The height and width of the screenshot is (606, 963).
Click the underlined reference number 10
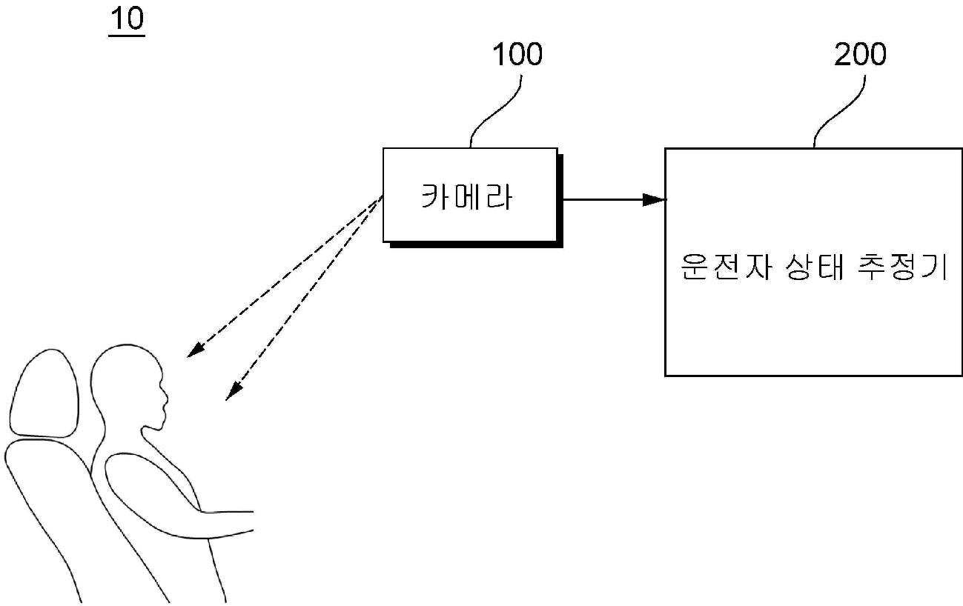(126, 21)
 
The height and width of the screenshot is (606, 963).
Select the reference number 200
(860, 54)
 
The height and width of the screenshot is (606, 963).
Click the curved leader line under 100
(495, 111)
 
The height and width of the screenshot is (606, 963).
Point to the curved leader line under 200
(839, 111)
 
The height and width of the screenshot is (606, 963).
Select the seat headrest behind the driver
(44, 393)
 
